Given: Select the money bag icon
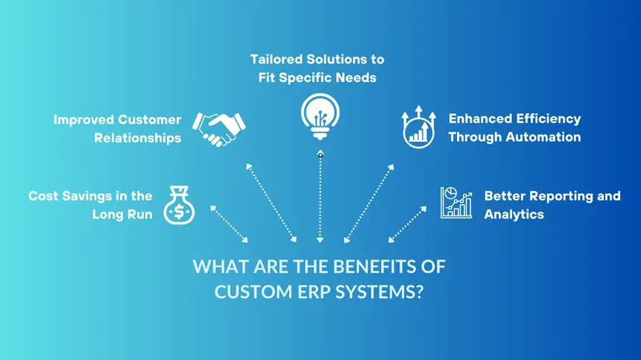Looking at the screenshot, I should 179,205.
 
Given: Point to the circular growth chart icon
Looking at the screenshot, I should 419,127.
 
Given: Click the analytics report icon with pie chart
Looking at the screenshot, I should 457,202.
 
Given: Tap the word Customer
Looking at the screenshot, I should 149,119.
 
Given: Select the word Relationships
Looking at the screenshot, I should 137,138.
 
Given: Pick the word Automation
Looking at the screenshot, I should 542,137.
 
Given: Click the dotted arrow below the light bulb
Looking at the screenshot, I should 320,198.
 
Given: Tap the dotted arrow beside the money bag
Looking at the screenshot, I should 230,223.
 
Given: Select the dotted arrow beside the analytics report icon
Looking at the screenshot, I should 408,224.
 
